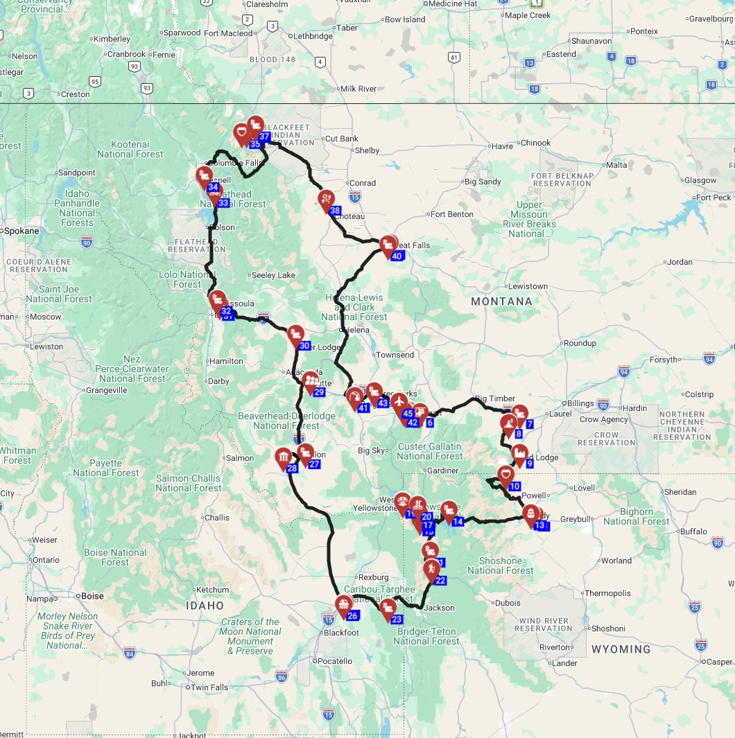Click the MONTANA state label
(x=501, y=301)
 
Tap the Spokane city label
(x=21, y=230)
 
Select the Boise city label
(x=92, y=595)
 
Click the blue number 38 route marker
(x=335, y=211)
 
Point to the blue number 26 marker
(x=352, y=616)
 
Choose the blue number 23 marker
(x=397, y=620)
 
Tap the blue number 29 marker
(x=319, y=392)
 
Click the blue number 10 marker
(x=514, y=486)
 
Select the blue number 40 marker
(x=397, y=256)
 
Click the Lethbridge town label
(x=313, y=36)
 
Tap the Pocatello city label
(x=336, y=661)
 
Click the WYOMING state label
(x=621, y=649)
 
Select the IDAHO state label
(x=205, y=606)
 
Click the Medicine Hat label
(x=453, y=3)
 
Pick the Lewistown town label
(x=528, y=286)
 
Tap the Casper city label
(x=718, y=662)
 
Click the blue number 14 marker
(x=458, y=522)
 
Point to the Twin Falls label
(x=210, y=687)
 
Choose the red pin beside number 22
(x=431, y=569)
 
